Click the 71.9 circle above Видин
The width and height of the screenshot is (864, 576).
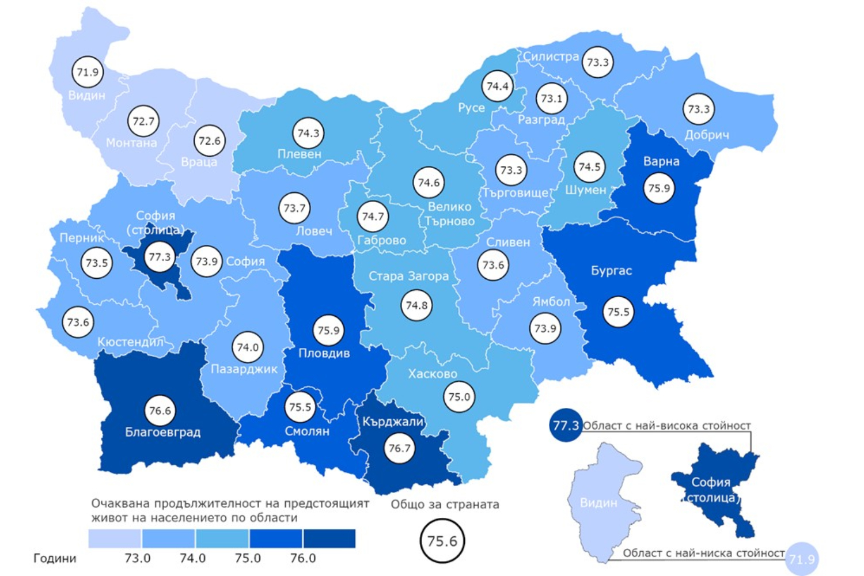pos(88,72)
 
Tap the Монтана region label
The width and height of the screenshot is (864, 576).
pos(131,143)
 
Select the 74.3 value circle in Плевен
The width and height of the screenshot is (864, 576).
pos(308,133)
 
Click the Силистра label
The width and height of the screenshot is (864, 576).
pos(551,56)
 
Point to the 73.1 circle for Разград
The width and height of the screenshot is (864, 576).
pos(551,98)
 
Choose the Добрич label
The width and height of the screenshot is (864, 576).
pos(707,135)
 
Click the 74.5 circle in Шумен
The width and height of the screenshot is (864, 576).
pos(590,167)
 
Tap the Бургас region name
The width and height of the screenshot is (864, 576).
pos(612,270)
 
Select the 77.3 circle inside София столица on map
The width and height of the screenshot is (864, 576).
pos(160,257)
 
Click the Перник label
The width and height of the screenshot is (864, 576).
pos(82,238)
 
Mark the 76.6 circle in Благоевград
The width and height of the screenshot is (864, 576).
pos(160,411)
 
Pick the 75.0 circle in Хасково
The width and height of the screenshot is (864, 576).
pos(459,397)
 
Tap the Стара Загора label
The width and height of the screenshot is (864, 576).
pos(408,276)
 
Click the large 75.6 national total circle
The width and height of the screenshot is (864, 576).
pos(442,541)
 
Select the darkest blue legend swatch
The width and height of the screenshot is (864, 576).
pos(329,539)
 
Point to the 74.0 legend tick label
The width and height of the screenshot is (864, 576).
pos(192,558)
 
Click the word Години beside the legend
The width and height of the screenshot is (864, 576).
pos(55,558)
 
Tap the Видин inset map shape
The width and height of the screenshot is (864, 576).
pos(602,501)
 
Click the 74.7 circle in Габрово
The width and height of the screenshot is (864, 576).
pos(373,217)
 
